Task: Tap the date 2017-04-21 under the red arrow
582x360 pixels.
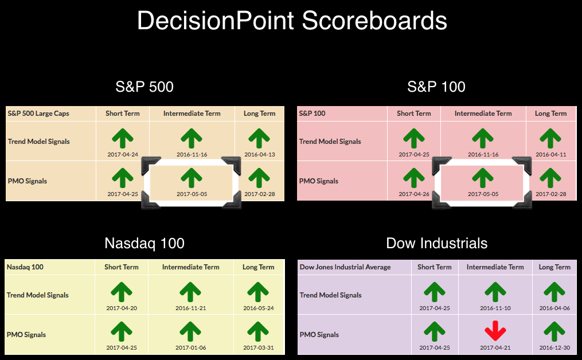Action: pyautogui.click(x=495, y=348)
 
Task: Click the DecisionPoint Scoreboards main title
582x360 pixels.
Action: pyautogui.click(x=292, y=21)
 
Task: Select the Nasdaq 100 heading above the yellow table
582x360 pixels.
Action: pyautogui.click(x=144, y=243)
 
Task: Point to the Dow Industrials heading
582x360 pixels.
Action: pyautogui.click(x=436, y=243)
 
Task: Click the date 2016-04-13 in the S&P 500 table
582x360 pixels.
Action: pyautogui.click(x=259, y=154)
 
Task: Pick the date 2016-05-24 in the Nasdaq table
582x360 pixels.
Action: pyautogui.click(x=259, y=308)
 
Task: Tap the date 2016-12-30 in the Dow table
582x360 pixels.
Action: pyautogui.click(x=554, y=348)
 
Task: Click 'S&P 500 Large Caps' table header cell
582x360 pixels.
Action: pyautogui.click(x=38, y=114)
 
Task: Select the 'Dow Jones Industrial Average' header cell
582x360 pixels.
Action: pyautogui.click(x=345, y=267)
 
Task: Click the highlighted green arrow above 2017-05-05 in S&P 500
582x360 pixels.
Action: pyautogui.click(x=191, y=178)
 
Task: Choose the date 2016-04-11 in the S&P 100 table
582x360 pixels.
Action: pyautogui.click(x=551, y=154)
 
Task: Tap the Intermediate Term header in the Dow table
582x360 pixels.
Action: pyautogui.click(x=495, y=267)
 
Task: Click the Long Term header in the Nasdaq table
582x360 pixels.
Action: pyautogui.click(x=259, y=267)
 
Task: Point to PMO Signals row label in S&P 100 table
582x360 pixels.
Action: pyautogui.click(x=318, y=181)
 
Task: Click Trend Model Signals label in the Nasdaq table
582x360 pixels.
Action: pyautogui.click(x=37, y=295)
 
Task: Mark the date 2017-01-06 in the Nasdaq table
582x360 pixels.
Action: pyautogui.click(x=190, y=348)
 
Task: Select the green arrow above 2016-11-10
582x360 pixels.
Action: pyautogui.click(x=495, y=292)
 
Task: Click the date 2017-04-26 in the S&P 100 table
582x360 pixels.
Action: pyautogui.click(x=414, y=194)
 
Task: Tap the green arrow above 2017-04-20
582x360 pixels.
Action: pyautogui.click(x=122, y=292)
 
